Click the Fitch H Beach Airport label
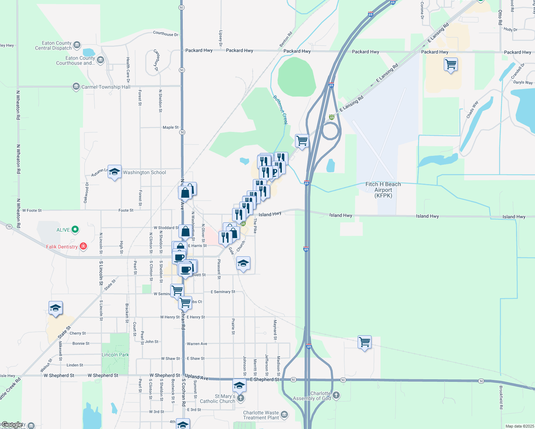383,190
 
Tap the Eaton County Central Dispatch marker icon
77,45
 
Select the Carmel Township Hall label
106,87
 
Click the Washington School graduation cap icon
114,172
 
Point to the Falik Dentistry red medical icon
83,246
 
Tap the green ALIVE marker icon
75,230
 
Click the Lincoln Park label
115,355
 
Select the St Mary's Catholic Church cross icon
241,398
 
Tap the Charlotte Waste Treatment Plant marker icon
284,415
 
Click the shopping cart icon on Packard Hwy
451,65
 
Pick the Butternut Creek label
280,110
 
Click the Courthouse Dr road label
166,34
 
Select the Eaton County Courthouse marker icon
100,60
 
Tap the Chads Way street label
472,110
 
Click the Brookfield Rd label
501,397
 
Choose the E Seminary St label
223,292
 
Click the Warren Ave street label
197,344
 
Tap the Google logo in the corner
12,425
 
